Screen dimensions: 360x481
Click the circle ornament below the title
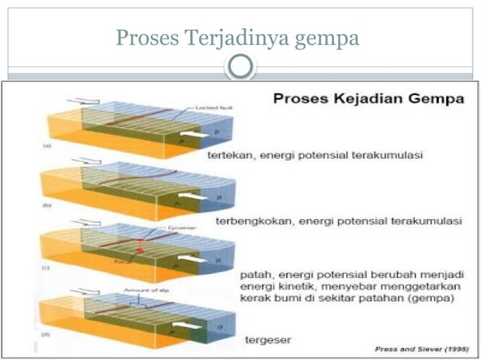[240, 66]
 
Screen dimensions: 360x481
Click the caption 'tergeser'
[268, 340]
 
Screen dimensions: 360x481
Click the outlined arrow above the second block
[90, 161]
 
